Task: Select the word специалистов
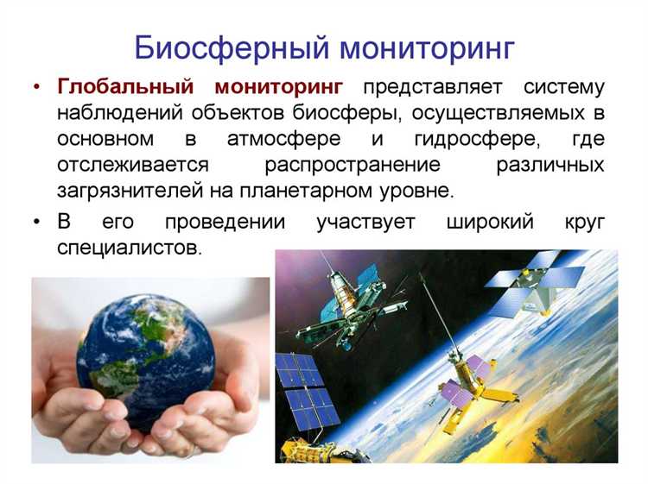point(128,247)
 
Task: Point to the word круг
point(584,221)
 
